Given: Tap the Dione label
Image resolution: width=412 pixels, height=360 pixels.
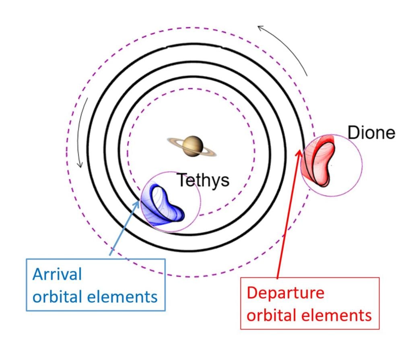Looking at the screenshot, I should [x=371, y=132].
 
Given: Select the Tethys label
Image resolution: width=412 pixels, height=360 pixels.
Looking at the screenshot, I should [x=203, y=180].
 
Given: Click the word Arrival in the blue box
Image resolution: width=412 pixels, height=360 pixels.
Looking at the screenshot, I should [x=57, y=274].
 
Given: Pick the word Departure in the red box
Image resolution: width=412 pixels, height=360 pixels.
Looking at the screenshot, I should [x=285, y=293].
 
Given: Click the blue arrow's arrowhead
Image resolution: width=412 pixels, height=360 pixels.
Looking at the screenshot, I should [x=138, y=203].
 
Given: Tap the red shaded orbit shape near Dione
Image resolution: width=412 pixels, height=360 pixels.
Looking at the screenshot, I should [x=318, y=161].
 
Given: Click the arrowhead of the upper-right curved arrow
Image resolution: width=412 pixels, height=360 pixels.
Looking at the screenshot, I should [x=260, y=28].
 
